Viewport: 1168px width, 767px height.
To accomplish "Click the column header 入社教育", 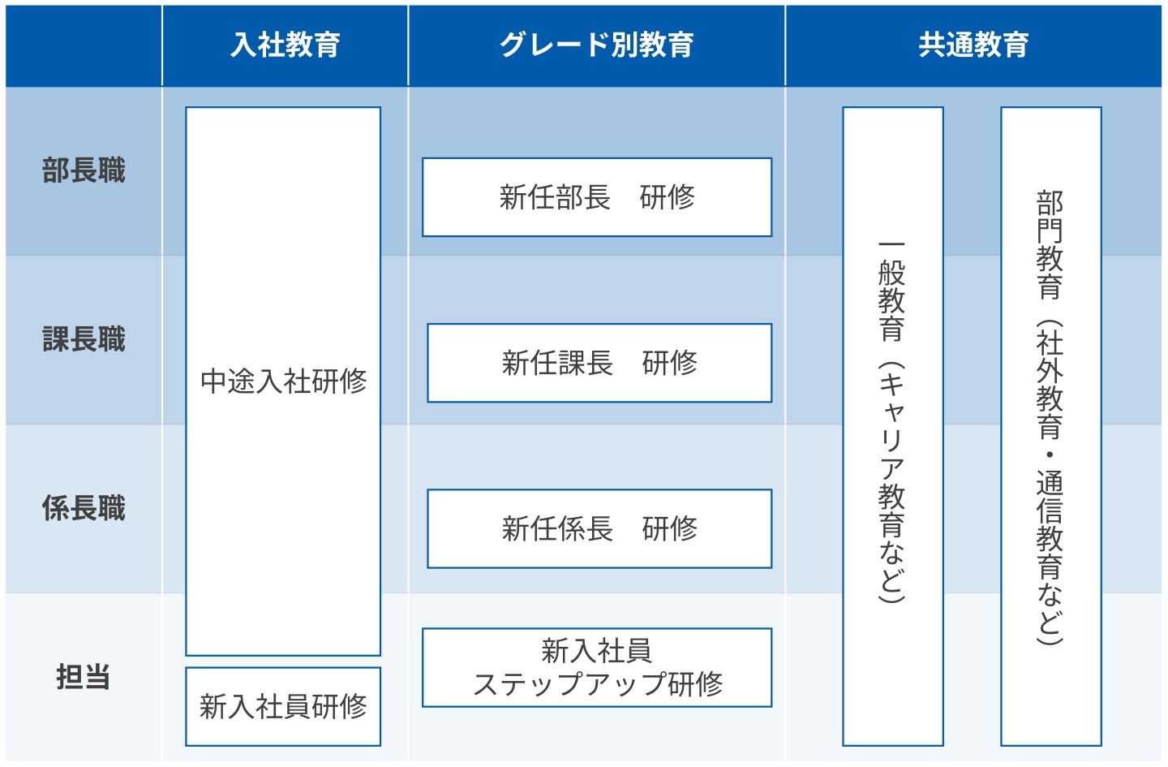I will [285, 45].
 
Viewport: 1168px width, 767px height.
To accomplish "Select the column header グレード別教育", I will [596, 45].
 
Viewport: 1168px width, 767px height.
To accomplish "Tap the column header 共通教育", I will [973, 45].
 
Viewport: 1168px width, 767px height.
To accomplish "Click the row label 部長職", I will [84, 171].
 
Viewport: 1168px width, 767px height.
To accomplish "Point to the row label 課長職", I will [84, 339].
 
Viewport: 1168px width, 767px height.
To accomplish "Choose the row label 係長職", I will [84, 509].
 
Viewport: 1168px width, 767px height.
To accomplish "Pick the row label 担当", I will [84, 677].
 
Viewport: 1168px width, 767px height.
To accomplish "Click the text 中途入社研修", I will [283, 381].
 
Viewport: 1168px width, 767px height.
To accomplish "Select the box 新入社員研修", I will [283, 706].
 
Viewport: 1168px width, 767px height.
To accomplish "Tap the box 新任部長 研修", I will [597, 197].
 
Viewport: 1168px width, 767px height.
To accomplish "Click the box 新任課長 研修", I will [599, 363].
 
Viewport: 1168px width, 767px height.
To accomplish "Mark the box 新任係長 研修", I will [599, 528].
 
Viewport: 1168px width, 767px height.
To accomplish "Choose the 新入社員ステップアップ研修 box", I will [597, 667].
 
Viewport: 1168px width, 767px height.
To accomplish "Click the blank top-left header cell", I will [84, 45].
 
